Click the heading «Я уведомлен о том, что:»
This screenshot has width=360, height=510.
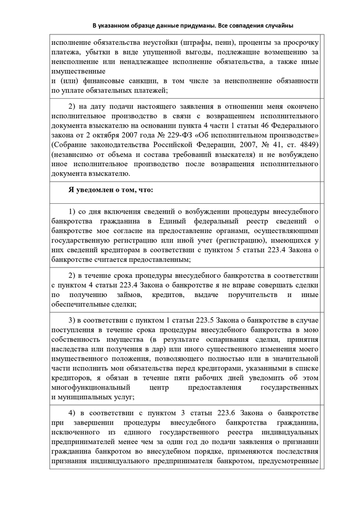pyautogui.click(x=111, y=189)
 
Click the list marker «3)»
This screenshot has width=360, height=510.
pyautogui.click(x=73, y=323)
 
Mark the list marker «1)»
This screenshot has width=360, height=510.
pyautogui.click(x=73, y=212)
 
